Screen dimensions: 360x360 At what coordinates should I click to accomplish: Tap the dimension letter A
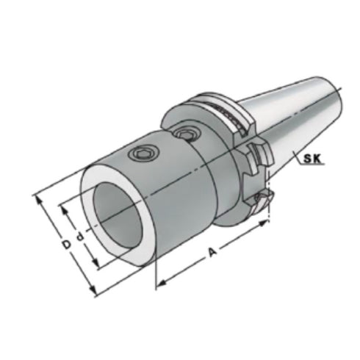click(x=213, y=251)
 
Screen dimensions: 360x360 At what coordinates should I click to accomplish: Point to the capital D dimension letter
click(x=65, y=243)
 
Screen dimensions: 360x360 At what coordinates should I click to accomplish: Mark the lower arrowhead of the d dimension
click(x=96, y=266)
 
